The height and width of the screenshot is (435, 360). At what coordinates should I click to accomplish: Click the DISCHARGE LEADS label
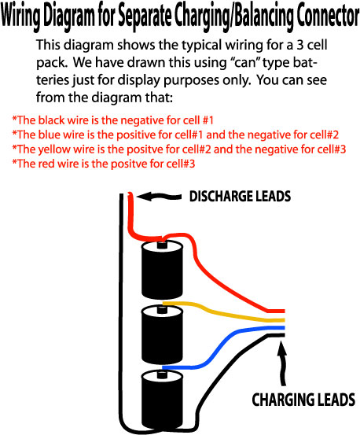point(240,197)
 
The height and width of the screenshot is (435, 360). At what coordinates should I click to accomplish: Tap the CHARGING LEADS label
point(303,400)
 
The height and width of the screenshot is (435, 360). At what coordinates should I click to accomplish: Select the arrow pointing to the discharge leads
point(159,196)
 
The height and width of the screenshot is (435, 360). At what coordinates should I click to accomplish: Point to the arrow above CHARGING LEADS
point(282,363)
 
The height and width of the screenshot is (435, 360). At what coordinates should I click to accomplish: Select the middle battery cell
point(162,335)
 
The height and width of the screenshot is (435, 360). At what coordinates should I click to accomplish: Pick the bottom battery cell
point(162,401)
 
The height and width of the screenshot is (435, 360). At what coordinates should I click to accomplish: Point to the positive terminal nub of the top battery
point(162,245)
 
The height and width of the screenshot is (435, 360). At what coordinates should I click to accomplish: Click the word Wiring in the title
point(21,16)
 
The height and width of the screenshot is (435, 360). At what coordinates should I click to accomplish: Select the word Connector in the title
point(328,15)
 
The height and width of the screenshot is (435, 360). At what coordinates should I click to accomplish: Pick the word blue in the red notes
point(49,135)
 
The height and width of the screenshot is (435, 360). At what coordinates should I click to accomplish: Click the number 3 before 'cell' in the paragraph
point(299,45)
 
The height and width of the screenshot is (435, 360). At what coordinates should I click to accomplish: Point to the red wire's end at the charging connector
point(284,311)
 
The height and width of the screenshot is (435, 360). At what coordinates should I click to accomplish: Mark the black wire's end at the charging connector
point(284,335)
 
